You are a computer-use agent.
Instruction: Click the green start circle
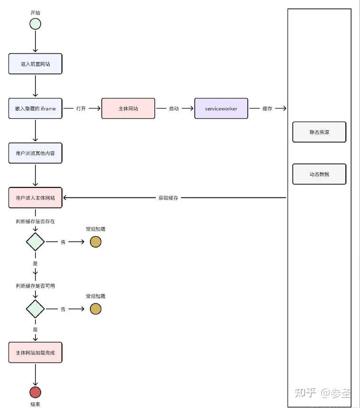point(35,24)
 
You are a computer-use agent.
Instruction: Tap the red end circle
point(35,392)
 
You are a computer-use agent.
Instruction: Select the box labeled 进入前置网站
point(36,64)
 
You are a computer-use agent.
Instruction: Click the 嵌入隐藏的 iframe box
point(36,108)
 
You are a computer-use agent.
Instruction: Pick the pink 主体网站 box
point(128,108)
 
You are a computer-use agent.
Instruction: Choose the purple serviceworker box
point(221,108)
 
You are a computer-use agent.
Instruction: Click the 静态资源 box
point(319,132)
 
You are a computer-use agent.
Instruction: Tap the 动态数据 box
point(319,174)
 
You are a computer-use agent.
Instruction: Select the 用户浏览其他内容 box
point(36,153)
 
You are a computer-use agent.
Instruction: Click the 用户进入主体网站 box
point(36,198)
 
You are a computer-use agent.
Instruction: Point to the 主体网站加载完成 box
point(36,353)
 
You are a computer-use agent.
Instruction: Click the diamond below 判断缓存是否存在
point(36,242)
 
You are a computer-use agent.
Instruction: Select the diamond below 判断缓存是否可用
point(36,309)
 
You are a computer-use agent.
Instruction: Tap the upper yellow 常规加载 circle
point(96,242)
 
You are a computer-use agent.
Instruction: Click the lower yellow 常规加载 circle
point(96,309)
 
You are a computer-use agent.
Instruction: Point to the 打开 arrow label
point(81,108)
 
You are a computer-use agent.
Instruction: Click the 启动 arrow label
point(174,108)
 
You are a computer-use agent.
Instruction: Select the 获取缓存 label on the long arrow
point(168,198)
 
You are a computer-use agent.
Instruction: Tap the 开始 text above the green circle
point(35,12)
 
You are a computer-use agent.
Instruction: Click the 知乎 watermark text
point(306,392)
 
